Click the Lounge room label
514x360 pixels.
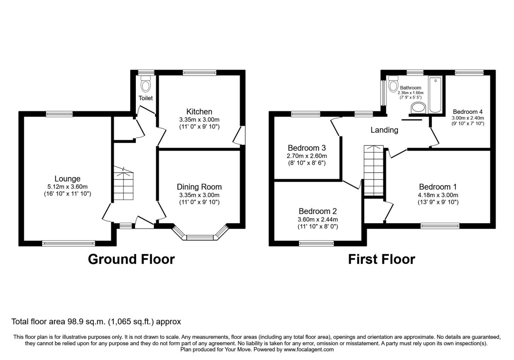click(x=68, y=179)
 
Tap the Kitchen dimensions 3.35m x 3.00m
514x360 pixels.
click(x=199, y=120)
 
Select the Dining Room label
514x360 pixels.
click(x=199, y=187)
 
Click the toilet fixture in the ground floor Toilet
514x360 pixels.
click(x=146, y=84)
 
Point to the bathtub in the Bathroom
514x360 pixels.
click(x=435, y=95)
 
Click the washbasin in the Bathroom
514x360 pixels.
click(x=418, y=108)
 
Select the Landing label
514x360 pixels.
click(x=384, y=130)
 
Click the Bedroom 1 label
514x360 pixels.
click(x=438, y=187)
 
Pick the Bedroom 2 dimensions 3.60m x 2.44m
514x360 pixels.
click(x=318, y=219)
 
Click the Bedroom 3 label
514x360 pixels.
click(x=307, y=148)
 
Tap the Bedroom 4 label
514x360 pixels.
click(x=468, y=112)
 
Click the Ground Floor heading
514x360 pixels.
click(x=131, y=259)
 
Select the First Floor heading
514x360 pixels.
click(x=382, y=259)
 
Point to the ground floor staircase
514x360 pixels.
click(x=123, y=183)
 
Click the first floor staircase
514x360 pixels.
click(x=374, y=171)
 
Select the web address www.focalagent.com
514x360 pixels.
click(x=309, y=349)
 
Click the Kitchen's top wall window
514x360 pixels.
click(x=200, y=73)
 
